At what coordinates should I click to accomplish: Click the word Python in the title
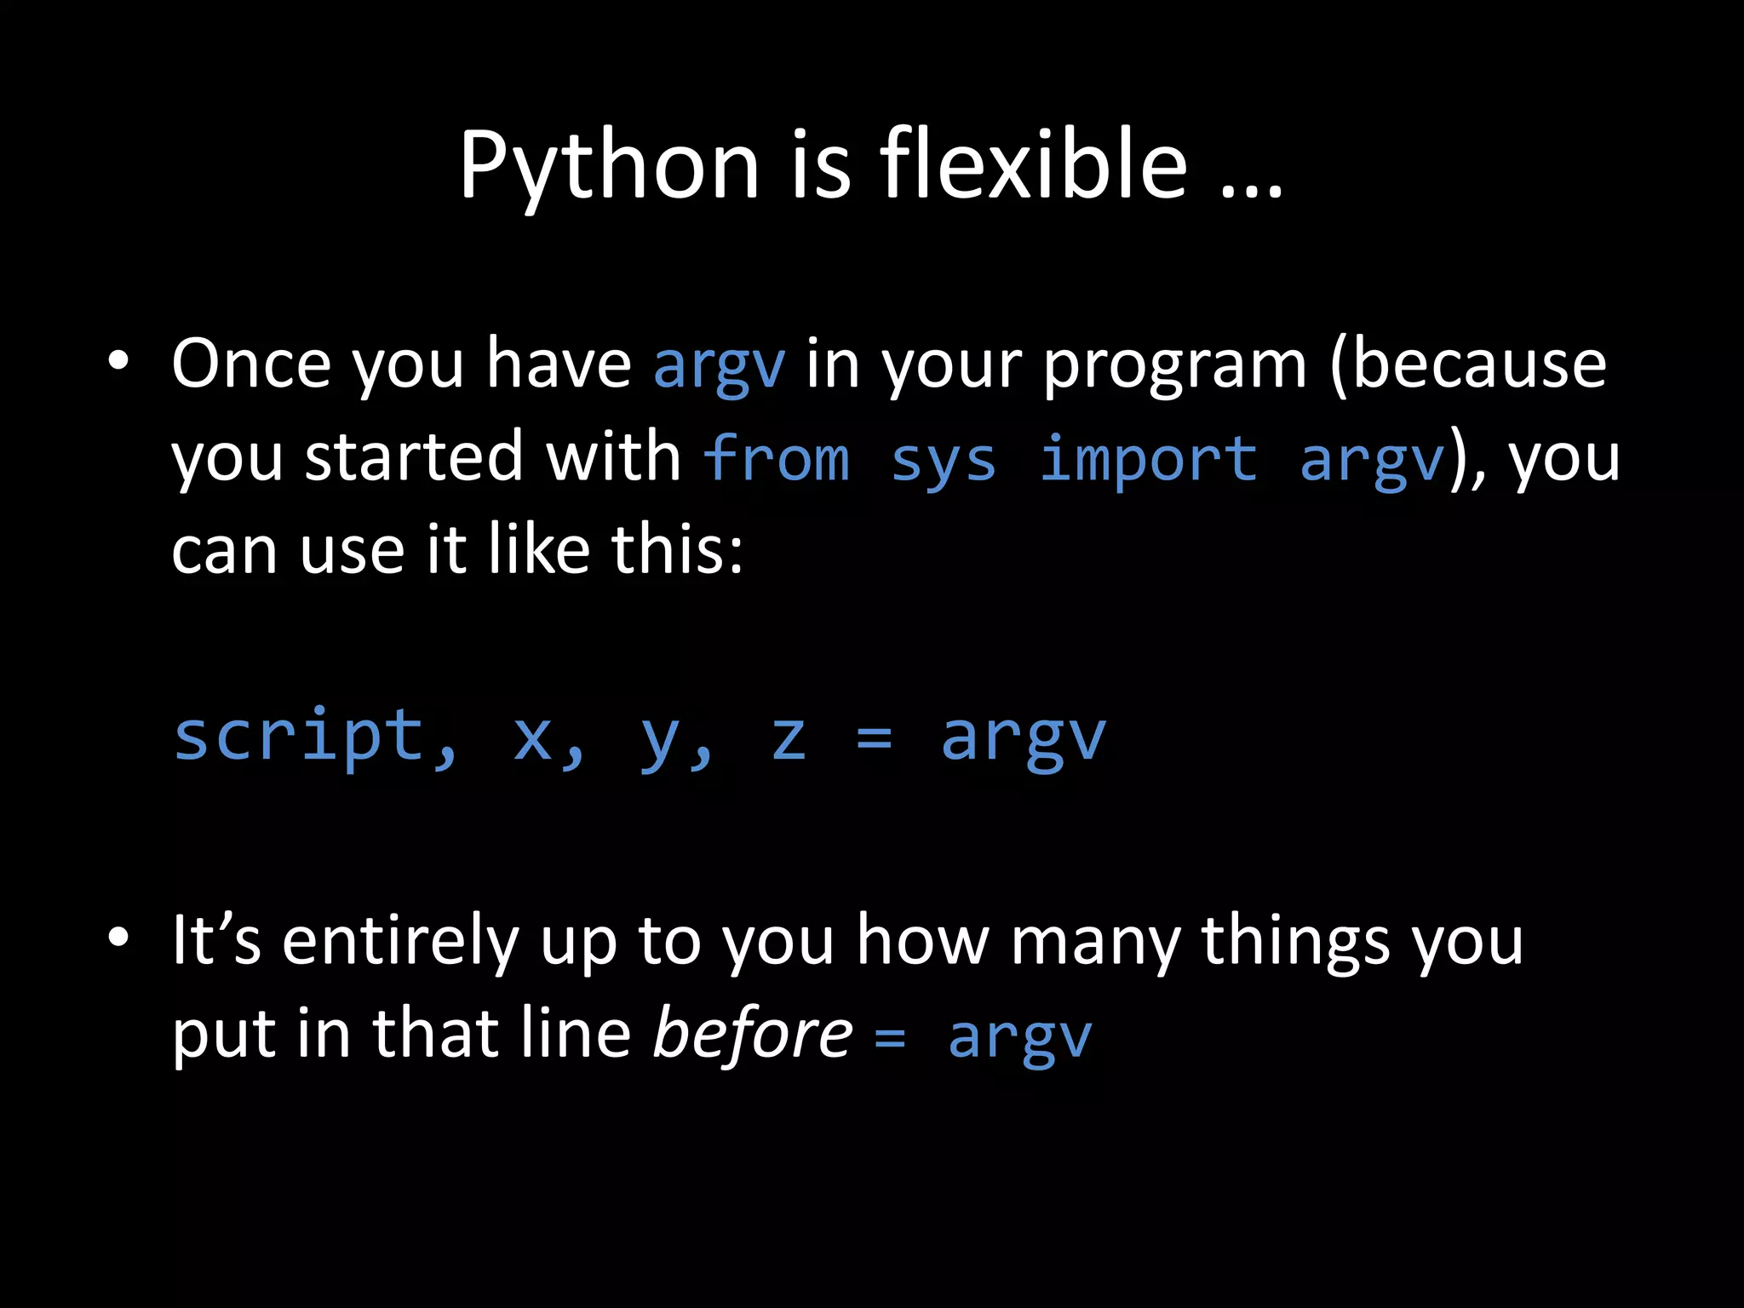click(x=608, y=166)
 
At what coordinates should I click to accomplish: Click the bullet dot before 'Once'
click(x=118, y=361)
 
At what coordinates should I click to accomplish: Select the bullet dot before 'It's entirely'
click(x=118, y=938)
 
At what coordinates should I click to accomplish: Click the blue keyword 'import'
click(x=1147, y=460)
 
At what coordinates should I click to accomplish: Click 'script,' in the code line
click(x=315, y=737)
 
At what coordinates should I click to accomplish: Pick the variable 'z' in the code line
click(x=788, y=737)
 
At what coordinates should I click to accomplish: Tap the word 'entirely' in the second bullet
click(x=399, y=942)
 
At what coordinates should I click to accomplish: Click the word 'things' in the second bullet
click(x=1295, y=942)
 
